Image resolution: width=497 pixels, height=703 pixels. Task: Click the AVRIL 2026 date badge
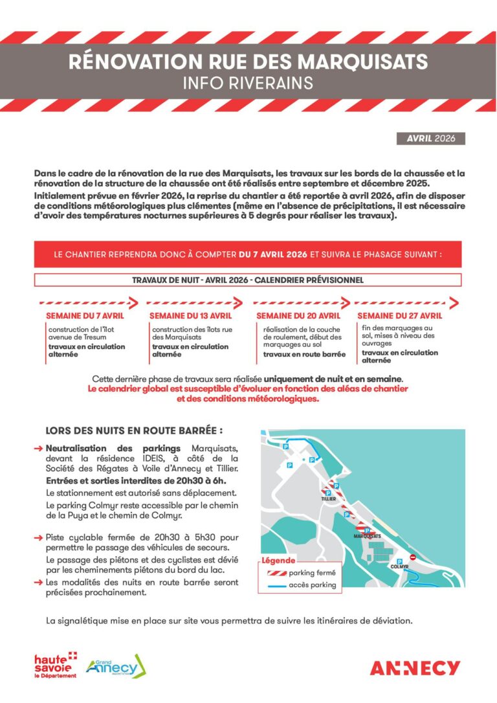click(x=430, y=139)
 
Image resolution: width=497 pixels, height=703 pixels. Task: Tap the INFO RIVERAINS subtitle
click(x=248, y=84)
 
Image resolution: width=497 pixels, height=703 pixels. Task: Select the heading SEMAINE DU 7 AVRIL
click(x=84, y=316)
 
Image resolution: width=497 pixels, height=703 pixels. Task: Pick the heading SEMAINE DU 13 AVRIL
click(x=190, y=316)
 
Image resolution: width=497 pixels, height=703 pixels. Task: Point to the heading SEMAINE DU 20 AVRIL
click(x=298, y=316)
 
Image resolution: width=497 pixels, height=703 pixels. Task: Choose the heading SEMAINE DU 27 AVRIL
click(x=400, y=316)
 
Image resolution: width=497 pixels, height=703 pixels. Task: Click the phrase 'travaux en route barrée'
click(x=304, y=354)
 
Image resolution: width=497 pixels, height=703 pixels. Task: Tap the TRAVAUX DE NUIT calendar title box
click(x=248, y=280)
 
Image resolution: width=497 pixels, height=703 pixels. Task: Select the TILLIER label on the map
click(x=329, y=500)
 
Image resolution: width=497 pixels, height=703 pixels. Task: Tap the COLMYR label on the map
click(x=399, y=566)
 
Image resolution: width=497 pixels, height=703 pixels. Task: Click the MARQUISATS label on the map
click(x=367, y=537)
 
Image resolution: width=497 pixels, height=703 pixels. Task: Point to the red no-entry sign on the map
click(x=412, y=556)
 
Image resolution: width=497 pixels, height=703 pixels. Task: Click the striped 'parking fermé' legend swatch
click(x=274, y=573)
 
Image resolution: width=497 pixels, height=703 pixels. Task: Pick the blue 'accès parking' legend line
click(x=274, y=585)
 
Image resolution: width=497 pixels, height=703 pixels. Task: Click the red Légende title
click(x=278, y=561)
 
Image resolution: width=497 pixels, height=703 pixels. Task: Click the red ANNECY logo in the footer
click(x=415, y=668)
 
